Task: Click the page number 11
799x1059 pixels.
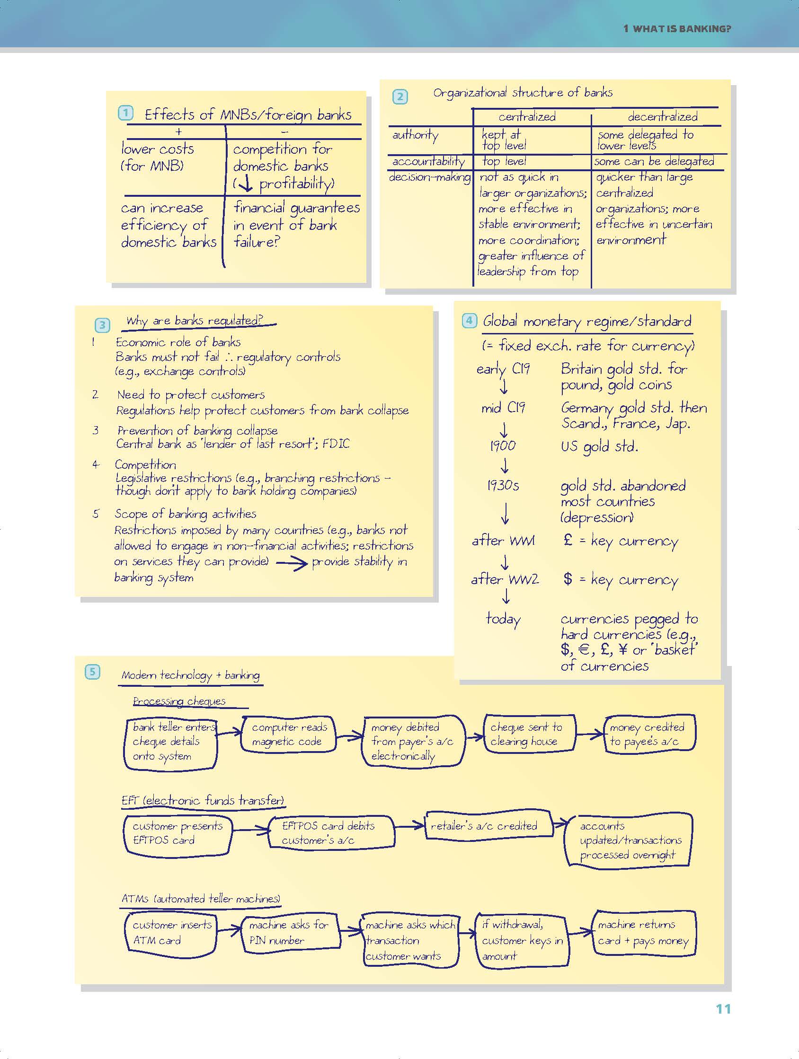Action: point(723,1009)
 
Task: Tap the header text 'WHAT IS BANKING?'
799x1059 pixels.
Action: point(682,29)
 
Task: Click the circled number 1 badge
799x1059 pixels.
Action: point(125,113)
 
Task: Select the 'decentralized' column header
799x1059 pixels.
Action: point(663,116)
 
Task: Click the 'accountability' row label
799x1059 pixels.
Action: point(428,162)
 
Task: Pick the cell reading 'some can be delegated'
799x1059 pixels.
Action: point(654,161)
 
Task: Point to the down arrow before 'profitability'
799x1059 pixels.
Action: point(248,184)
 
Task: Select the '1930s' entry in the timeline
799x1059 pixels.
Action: point(503,485)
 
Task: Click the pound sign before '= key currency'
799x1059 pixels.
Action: point(568,540)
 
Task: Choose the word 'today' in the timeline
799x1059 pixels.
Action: point(503,619)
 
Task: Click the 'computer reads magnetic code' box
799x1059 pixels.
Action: point(289,734)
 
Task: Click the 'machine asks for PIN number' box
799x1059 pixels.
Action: point(289,932)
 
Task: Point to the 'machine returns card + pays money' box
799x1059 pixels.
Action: point(643,932)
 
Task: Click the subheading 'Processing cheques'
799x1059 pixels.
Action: point(179,701)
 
